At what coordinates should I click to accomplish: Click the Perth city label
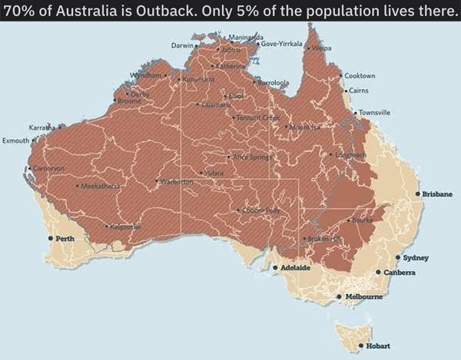(x=65, y=239)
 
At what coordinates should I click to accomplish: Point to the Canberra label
(x=400, y=272)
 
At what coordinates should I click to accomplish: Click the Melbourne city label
(x=363, y=296)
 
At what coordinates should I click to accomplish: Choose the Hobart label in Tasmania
(x=377, y=346)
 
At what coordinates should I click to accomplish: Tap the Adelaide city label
(x=295, y=268)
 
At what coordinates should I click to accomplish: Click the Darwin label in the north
(x=181, y=46)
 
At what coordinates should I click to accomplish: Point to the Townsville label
(x=374, y=112)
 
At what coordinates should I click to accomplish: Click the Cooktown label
(x=360, y=76)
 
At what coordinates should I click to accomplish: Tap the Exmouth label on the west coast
(x=15, y=141)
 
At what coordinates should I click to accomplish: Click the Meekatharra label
(x=98, y=186)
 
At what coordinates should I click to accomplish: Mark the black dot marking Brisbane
(x=417, y=194)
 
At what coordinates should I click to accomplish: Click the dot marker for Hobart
(x=360, y=346)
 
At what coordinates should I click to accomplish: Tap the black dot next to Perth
(x=51, y=239)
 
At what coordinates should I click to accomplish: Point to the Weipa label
(x=322, y=48)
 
